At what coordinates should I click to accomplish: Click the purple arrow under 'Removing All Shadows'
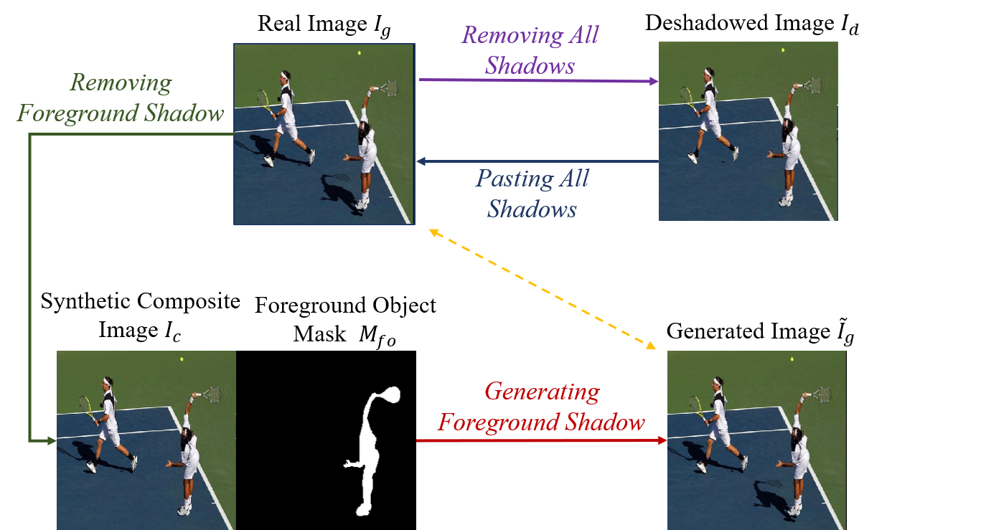coord(538,80)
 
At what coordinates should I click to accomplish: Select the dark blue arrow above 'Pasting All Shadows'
coord(538,161)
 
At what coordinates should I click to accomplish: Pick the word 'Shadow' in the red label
coord(606,422)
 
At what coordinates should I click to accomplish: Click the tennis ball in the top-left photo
coord(360,53)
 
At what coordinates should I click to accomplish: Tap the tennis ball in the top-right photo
coord(783,50)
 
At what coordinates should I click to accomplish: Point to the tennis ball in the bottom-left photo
coord(182,359)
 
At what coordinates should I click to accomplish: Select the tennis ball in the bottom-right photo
coord(792,359)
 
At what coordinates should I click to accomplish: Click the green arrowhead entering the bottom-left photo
coord(52,440)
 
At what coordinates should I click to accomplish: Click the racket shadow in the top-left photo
coord(337,176)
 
